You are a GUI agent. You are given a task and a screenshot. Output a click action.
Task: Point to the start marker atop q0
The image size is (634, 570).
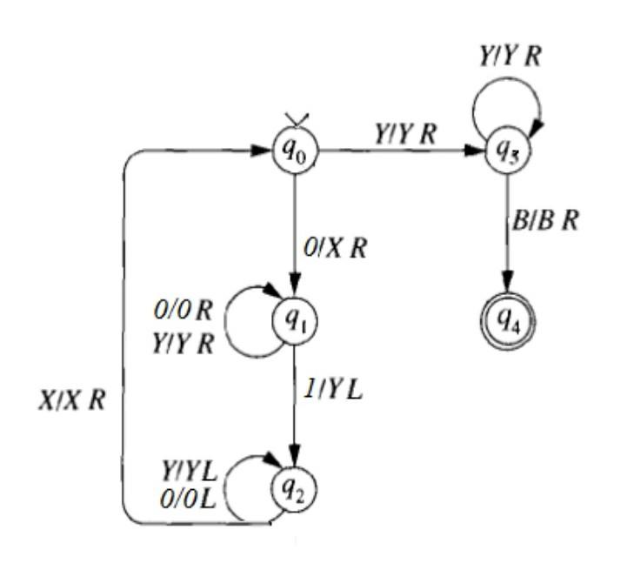click(x=295, y=124)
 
